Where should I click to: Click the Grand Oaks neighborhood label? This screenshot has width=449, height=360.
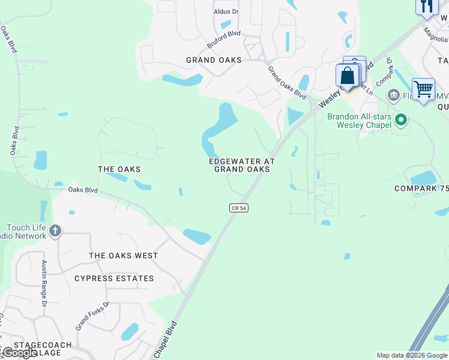click(x=214, y=60)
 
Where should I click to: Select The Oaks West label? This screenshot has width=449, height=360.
click(x=123, y=256)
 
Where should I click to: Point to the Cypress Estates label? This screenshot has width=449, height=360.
click(x=114, y=278)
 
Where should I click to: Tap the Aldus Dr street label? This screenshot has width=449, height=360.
click(x=226, y=12)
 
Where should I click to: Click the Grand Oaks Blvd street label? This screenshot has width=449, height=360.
click(x=286, y=83)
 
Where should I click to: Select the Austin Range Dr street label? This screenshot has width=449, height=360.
click(x=44, y=283)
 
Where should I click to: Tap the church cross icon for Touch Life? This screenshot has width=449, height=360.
click(x=55, y=230)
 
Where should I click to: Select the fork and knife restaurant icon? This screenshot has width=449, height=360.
click(x=426, y=6)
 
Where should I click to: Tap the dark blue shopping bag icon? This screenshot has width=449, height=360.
click(x=348, y=76)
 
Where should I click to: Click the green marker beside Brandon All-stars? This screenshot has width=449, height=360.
click(x=402, y=119)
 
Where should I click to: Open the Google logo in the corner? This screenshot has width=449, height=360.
click(x=19, y=353)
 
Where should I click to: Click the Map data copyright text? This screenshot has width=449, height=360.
click(x=412, y=355)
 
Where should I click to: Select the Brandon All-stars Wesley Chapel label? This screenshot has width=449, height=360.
click(x=359, y=121)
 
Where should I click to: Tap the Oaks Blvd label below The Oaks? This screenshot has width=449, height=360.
click(x=83, y=190)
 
